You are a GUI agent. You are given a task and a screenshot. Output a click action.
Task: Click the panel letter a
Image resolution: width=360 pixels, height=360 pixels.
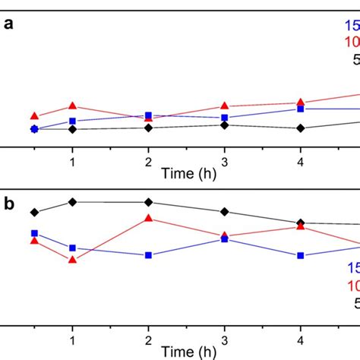8,24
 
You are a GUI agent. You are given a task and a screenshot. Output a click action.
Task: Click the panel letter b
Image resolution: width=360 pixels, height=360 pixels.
8,204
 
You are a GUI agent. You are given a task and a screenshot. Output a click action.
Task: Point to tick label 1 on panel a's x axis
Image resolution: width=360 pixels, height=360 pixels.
72,162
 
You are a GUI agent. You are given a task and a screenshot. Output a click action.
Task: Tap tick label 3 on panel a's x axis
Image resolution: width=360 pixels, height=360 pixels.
224,162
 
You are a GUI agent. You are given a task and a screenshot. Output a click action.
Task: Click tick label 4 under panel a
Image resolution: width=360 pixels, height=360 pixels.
301,162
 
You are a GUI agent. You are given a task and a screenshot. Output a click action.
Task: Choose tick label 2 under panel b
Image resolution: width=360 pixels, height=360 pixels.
148,341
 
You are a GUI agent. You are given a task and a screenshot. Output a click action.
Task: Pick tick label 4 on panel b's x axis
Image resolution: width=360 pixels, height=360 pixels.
301,341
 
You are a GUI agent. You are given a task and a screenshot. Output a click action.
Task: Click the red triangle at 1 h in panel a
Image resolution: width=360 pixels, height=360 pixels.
72,106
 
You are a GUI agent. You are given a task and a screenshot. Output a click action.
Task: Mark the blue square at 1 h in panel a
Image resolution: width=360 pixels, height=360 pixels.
72,121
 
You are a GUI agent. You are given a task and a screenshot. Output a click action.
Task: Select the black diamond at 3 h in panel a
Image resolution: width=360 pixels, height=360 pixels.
224,125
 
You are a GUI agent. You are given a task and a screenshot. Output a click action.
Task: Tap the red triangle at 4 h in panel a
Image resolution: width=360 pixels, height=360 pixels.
301,103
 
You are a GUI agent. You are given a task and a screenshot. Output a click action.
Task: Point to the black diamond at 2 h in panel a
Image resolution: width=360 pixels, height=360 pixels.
148,128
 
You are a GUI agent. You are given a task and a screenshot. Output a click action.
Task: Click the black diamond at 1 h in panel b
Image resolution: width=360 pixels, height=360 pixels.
72,201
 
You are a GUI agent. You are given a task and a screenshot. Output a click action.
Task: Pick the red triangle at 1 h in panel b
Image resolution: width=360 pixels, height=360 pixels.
72,260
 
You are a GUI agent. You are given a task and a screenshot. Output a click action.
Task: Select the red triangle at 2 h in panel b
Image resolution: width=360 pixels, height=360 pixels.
148,219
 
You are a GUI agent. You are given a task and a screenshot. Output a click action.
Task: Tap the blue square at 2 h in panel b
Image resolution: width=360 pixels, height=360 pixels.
148,255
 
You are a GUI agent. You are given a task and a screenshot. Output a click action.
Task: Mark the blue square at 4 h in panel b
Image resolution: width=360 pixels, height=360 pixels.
301,255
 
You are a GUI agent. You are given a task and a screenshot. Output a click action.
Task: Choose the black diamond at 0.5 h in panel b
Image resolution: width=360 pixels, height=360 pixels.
34,212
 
